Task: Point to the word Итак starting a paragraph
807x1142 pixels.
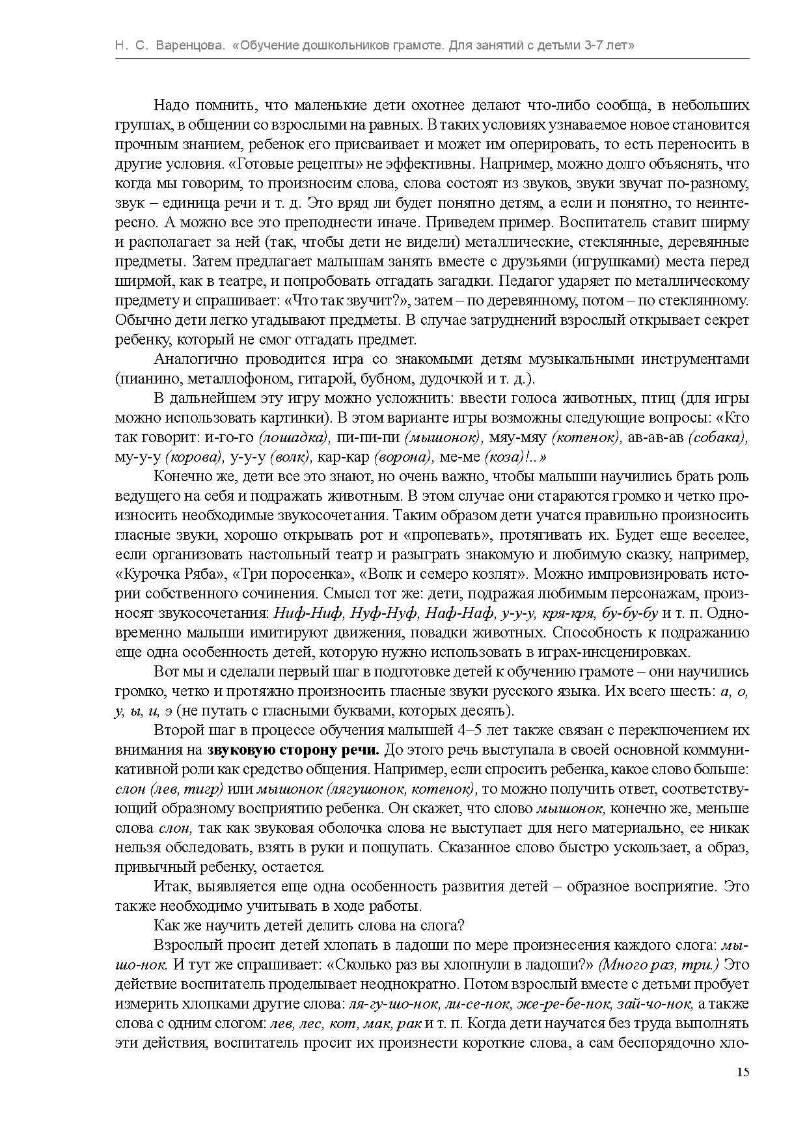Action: point(170,886)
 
